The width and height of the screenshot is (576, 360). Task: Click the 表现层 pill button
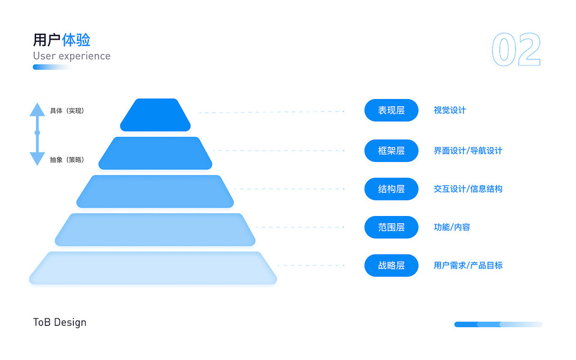coord(391,110)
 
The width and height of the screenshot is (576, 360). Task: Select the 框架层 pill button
coord(391,151)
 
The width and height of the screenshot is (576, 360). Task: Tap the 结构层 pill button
coord(391,189)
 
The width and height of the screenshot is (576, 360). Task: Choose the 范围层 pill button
coord(391,227)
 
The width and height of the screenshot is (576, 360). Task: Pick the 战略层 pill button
coord(391,265)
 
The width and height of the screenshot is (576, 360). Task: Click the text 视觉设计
coord(449,110)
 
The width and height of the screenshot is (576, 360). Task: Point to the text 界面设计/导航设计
coord(468,151)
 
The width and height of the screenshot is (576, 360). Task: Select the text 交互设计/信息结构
coord(468,189)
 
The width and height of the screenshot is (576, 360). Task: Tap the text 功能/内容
coord(452,227)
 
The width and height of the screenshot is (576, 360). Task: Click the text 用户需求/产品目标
coord(468,265)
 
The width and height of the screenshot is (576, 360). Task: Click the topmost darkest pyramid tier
coord(155,115)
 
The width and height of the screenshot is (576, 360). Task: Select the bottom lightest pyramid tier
coord(153,268)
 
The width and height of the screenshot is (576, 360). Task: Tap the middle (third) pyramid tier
coord(155,191)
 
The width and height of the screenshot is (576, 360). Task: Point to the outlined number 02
coord(516,50)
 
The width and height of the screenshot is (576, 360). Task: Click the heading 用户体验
coord(62,40)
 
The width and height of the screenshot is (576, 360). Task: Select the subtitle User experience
coord(71,56)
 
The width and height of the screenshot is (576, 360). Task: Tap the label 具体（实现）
coord(67,111)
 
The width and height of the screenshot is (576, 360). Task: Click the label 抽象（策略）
coord(67,160)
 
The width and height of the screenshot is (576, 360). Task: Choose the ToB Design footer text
coord(59,322)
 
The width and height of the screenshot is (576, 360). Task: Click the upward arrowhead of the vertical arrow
coord(37,109)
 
